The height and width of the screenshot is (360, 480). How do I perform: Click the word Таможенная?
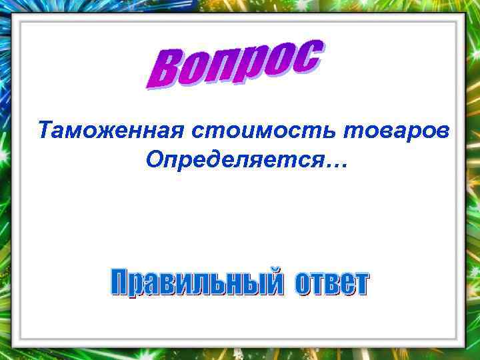(111, 129)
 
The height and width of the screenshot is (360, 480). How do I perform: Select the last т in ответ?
(360, 285)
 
